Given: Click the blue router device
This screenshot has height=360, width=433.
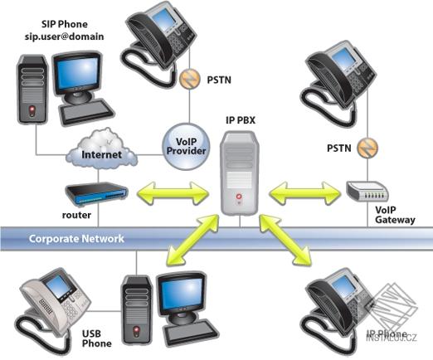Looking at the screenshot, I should point(97,196).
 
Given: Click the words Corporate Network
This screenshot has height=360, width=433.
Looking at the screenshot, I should point(76,239).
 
